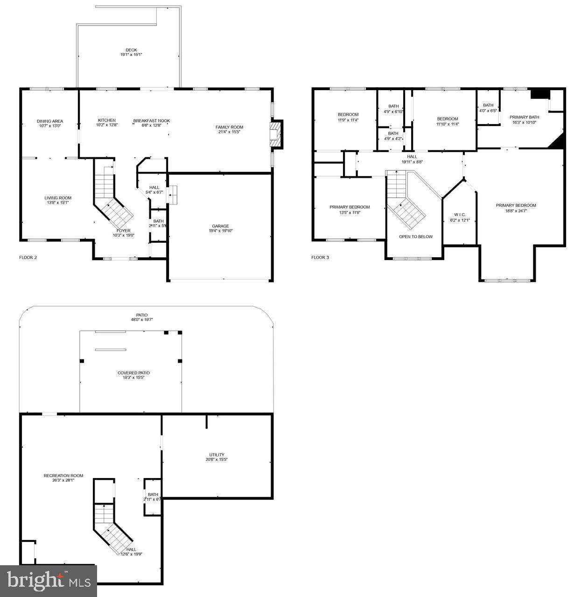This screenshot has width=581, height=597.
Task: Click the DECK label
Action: [131, 50]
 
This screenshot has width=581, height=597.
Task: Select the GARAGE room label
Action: [220, 226]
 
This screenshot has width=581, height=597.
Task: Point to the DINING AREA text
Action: [50, 121]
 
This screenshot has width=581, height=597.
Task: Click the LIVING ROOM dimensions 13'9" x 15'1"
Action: [58, 203]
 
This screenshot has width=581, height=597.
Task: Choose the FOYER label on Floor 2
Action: [124, 231]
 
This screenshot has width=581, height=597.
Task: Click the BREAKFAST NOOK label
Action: [151, 120]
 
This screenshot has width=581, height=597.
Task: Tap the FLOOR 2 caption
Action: [28, 257]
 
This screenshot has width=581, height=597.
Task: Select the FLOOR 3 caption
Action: [320, 257]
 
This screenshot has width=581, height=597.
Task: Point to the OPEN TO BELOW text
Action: [415, 237]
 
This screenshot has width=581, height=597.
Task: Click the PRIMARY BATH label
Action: [524, 117]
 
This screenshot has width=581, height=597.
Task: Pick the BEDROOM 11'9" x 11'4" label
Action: [348, 115]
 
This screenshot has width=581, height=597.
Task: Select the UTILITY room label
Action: [217, 455]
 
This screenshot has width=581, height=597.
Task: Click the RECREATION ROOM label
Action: [63, 476]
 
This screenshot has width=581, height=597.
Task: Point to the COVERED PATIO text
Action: [133, 373]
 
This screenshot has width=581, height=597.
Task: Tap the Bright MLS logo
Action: [49, 581]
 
